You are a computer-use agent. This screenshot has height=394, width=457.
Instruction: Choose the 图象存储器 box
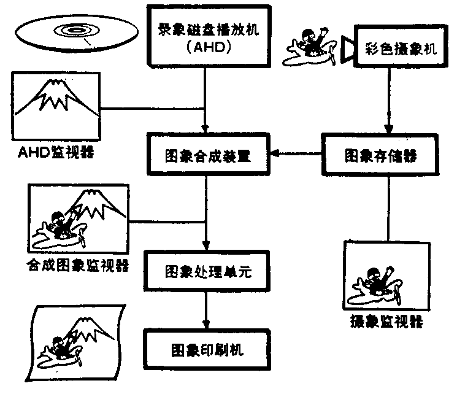click(x=380, y=155)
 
